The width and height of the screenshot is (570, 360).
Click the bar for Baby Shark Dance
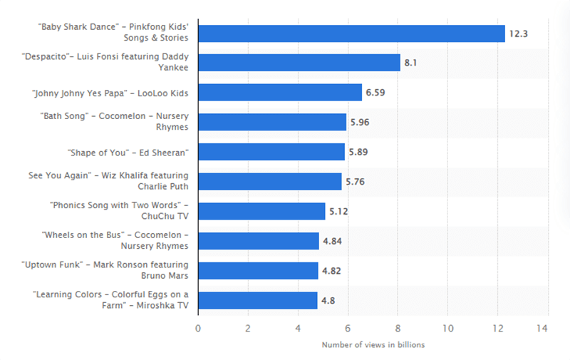click(x=351, y=33)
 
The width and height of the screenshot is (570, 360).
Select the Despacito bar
click(x=299, y=63)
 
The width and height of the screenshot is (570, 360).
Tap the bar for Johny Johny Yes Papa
click(x=279, y=92)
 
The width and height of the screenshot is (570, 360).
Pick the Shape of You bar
click(x=271, y=152)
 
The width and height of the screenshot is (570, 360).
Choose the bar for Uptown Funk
click(x=258, y=271)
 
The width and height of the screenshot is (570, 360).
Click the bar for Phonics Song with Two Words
click(x=261, y=211)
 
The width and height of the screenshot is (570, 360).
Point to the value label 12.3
click(x=517, y=34)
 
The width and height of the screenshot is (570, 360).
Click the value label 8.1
click(x=410, y=63)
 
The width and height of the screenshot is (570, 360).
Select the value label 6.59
click(x=375, y=93)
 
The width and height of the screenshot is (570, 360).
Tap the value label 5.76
click(x=356, y=182)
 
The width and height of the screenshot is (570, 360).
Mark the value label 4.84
click(x=333, y=242)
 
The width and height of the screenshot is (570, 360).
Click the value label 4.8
click(x=328, y=301)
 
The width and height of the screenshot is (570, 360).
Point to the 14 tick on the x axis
click(x=548, y=329)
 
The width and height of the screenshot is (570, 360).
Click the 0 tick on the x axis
click(x=198, y=329)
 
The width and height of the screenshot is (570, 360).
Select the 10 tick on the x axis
click(x=447, y=329)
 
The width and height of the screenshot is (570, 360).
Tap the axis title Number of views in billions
click(x=373, y=345)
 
